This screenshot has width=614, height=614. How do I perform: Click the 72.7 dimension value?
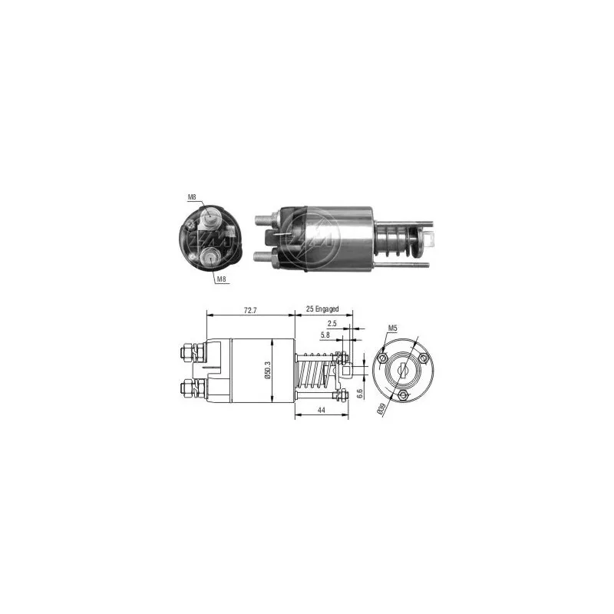pos(250,310)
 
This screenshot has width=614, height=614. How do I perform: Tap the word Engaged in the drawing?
pos(328,309)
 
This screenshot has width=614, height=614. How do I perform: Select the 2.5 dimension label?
pos(332,323)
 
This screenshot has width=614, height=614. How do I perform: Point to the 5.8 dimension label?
pos(325,335)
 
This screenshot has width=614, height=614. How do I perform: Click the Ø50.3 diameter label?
pos(268,371)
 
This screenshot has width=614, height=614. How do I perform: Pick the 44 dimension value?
pos(321,410)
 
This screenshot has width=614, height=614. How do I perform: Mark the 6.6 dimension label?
pos(360,393)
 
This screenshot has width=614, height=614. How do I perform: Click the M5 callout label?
pos(392,328)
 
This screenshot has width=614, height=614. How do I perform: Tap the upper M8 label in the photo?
pos(192,197)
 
